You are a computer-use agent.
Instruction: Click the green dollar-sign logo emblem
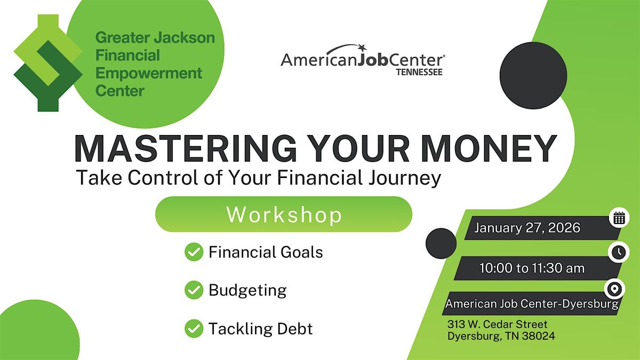(x=47, y=63)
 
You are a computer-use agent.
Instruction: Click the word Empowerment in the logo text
(x=149, y=73)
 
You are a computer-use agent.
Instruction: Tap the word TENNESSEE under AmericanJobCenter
(x=419, y=71)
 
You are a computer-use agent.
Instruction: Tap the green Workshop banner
(x=283, y=214)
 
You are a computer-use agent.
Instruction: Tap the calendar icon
(x=619, y=218)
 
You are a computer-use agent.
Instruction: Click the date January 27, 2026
(x=527, y=228)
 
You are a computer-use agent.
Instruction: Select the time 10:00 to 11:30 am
(x=532, y=268)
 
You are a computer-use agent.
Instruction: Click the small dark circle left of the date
(x=441, y=243)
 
